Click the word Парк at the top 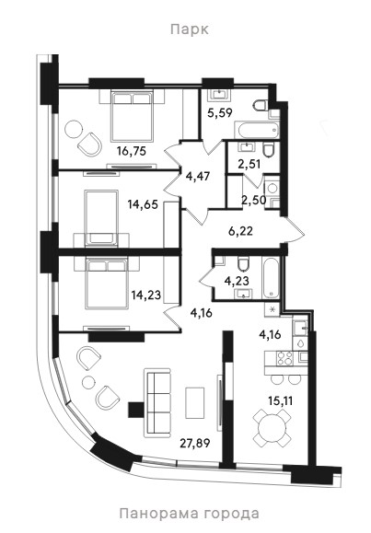pyautogui.click(x=190, y=29)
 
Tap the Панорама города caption pyautogui.click(x=189, y=513)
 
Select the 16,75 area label pyautogui.click(x=132, y=151)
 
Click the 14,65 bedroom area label pyautogui.click(x=143, y=204)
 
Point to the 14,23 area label pyautogui.click(x=146, y=295)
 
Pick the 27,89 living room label pyautogui.click(x=195, y=443)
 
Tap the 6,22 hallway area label pyautogui.click(x=240, y=231)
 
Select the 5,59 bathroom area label pyautogui.click(x=220, y=112)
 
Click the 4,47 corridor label pyautogui.click(x=198, y=177)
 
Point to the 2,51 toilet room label pyautogui.click(x=249, y=164)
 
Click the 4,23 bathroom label pyautogui.click(x=237, y=281)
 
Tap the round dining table pyautogui.click(x=272, y=428)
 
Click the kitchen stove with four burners pyautogui.click(x=285, y=358)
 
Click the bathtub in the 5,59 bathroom pyautogui.click(x=257, y=131)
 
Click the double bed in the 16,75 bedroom pyautogui.click(x=132, y=116)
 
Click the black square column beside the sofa pyautogui.click(x=136, y=410)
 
